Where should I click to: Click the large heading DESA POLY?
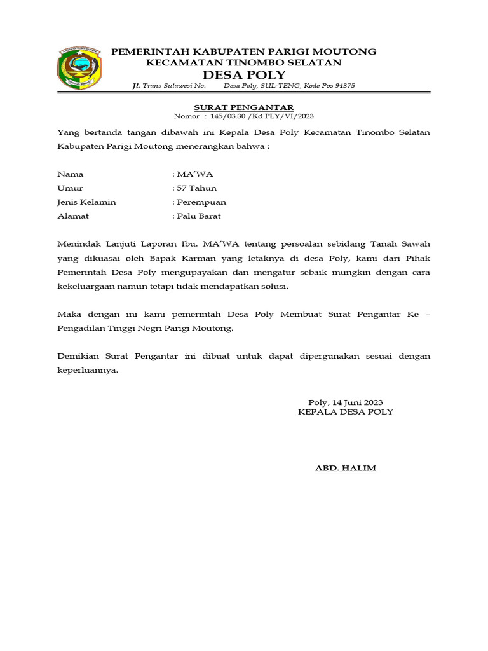tap(243, 75)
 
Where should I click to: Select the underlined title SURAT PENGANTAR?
tap(244, 107)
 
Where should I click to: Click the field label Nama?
tap(70, 174)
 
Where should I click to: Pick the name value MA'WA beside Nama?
tap(194, 174)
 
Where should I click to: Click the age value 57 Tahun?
tap(196, 188)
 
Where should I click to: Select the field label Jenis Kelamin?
tap(86, 202)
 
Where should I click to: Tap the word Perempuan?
tap(201, 202)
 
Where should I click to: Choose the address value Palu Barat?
tap(198, 216)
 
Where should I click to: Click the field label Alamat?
tap(73, 216)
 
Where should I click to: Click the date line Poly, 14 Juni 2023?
tap(345, 402)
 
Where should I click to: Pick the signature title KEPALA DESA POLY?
tap(346, 412)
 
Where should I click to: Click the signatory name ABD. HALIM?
tap(346, 469)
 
